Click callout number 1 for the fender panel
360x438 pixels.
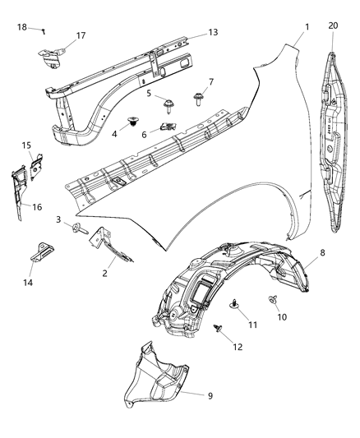pyautogui.click(x=307, y=27)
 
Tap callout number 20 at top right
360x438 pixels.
pyautogui.click(x=333, y=26)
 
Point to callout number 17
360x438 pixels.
pyautogui.click(x=81, y=35)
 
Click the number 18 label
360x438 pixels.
pyautogui.click(x=21, y=27)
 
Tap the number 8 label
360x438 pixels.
pyautogui.click(x=322, y=255)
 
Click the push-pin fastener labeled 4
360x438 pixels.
pyautogui.click(x=132, y=123)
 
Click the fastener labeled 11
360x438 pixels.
pyautogui.click(x=234, y=303)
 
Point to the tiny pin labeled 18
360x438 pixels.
pyautogui.click(x=42, y=30)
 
